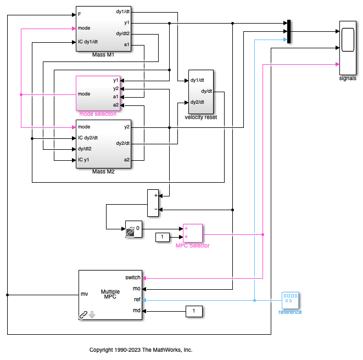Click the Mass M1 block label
(x=104, y=55)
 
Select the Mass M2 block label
(x=104, y=172)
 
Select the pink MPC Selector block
(x=193, y=233)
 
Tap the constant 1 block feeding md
(x=193, y=311)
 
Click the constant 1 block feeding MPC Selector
(x=163, y=237)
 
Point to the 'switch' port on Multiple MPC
(x=133, y=278)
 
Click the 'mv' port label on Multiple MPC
(x=85, y=295)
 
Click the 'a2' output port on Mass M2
(x=127, y=160)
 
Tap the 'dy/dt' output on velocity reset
(x=206, y=91)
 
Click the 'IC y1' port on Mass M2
(x=84, y=160)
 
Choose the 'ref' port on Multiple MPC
(x=137, y=300)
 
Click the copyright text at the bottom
(x=141, y=350)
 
